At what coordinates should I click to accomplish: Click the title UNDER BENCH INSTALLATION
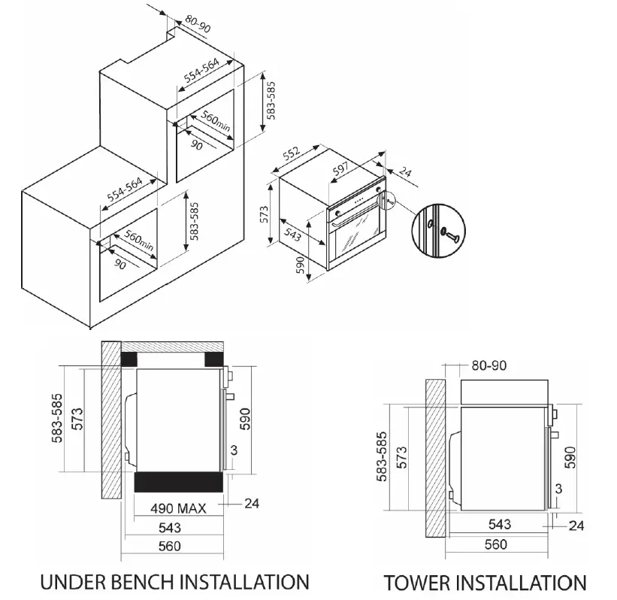point(174,581)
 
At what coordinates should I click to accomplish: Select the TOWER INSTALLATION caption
point(485,583)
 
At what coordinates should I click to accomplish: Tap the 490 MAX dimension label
point(178,507)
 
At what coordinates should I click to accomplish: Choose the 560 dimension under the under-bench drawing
point(170,547)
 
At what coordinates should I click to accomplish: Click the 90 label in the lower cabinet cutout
point(119,264)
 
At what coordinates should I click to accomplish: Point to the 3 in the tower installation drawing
point(557,489)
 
